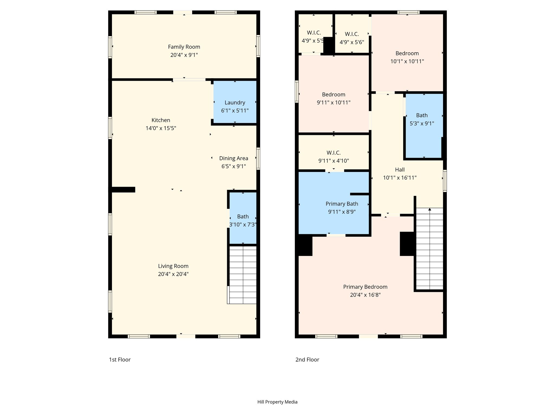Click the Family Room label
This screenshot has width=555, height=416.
(x=184, y=47)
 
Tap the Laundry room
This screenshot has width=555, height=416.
(x=235, y=102)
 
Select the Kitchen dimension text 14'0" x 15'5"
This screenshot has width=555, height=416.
(x=161, y=128)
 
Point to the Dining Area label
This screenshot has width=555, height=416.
(x=234, y=158)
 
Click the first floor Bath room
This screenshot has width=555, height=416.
(x=243, y=218)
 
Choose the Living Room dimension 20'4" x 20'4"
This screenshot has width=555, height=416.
(x=173, y=274)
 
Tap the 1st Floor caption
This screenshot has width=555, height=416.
(x=120, y=359)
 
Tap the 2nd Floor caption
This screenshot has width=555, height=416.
(x=307, y=359)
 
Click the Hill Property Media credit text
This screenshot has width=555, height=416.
(x=277, y=402)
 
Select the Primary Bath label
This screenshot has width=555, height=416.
(x=342, y=204)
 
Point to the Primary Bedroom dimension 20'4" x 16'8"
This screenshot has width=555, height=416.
(x=365, y=295)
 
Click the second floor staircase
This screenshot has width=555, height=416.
(x=430, y=249)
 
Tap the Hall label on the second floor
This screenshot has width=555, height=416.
(x=400, y=170)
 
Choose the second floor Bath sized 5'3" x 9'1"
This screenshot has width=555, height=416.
(x=424, y=126)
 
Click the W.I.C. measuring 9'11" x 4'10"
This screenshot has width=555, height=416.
(x=334, y=152)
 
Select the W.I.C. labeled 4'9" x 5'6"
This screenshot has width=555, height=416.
(x=352, y=34)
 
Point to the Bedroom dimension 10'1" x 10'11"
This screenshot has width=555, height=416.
(x=407, y=61)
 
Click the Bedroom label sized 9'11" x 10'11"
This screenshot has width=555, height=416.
(x=334, y=95)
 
